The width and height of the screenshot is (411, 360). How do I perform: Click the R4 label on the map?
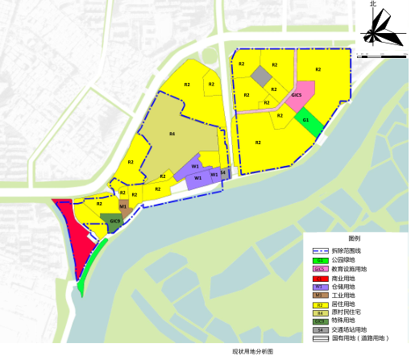pos(172,134)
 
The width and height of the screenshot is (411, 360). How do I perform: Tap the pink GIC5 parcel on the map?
pos(297,96)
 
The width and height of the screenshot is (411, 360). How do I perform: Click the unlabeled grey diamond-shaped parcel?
pos(260,77)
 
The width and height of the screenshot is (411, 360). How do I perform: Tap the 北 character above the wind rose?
pos(372,5)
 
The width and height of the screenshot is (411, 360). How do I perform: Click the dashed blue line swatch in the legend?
pos(320,251)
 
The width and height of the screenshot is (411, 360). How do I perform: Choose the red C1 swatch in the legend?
pos(320,278)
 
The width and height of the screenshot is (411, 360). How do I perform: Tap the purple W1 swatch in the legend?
pos(320,287)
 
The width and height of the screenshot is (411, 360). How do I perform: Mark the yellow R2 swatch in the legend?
pos(320,304)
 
